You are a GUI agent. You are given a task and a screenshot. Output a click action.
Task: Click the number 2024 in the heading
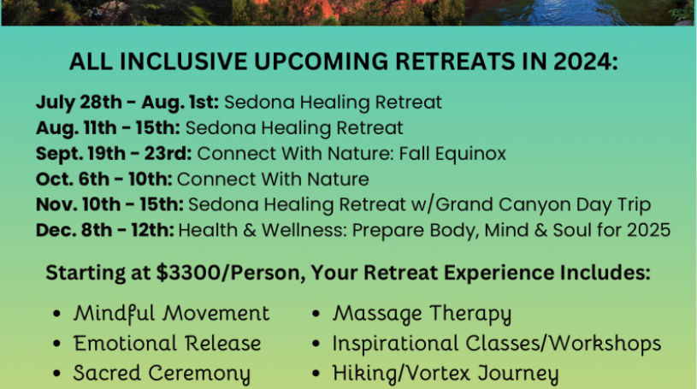coord(586,62)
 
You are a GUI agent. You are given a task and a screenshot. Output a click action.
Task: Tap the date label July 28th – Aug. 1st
coord(127,103)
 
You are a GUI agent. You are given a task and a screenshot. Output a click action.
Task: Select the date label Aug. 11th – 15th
coord(108,128)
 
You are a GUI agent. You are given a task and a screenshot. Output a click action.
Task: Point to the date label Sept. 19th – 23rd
coord(114,154)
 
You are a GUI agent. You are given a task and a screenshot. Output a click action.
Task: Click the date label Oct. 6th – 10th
coord(104,180)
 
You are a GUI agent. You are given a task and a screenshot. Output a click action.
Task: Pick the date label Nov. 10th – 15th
coord(109,204)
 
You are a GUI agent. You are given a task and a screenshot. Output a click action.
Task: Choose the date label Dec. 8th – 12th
coord(105,230)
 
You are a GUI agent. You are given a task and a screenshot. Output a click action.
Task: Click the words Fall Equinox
coord(452,154)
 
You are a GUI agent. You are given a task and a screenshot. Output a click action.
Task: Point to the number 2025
coord(648,230)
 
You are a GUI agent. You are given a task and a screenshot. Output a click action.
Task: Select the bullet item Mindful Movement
coord(172,313)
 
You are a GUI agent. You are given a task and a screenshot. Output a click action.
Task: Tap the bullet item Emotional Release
coord(167,343)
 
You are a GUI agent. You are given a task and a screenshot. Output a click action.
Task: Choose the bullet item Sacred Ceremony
coord(162,373)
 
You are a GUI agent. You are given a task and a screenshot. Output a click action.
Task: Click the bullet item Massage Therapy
coord(422,314)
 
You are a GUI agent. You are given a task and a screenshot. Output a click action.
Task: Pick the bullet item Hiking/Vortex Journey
coord(446,374)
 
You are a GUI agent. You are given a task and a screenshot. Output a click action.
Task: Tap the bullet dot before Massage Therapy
coord(316,314)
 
